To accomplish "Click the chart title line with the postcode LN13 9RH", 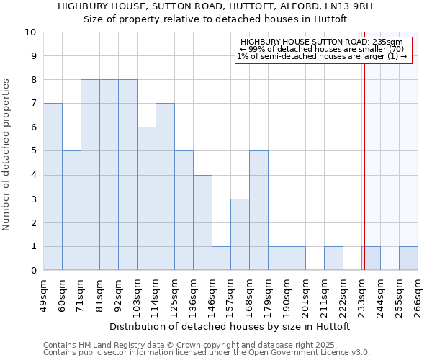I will coord(216,6).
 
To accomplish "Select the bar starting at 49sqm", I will coord(53,186).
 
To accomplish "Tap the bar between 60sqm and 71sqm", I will coord(71,210).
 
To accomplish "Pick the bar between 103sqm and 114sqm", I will coord(146,199).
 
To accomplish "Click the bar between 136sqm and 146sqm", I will coord(202,222).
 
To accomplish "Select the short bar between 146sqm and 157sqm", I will coord(221,258).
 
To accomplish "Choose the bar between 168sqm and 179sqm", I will coord(258,210).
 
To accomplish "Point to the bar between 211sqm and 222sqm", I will coord(333,258).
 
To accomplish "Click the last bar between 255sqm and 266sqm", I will coord(408,258).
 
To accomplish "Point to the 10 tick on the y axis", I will coord(30,32).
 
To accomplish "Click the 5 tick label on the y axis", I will coord(32,151).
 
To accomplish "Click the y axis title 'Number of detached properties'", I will coord(7,155).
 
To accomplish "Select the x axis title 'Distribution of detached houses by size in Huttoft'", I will coord(230,326).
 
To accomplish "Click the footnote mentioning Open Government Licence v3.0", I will coord(207,353).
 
